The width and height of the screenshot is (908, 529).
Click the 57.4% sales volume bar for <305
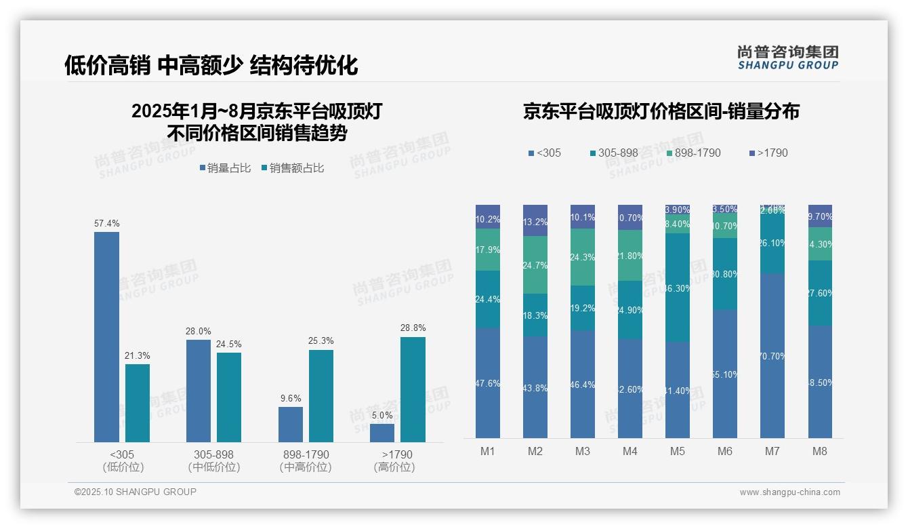tap(106, 337)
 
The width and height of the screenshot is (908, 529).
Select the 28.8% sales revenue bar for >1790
tap(413, 389)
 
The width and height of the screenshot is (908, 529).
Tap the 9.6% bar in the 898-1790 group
tap(291, 425)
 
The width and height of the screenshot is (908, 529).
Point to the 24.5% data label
tap(229, 345)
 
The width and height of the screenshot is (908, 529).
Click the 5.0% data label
tap(382, 415)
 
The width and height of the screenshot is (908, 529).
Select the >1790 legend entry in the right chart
tap(768, 153)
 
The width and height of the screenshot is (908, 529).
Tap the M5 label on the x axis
tap(678, 451)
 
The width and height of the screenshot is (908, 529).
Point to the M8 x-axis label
tap(820, 451)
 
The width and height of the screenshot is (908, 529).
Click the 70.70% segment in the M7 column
tap(772, 355)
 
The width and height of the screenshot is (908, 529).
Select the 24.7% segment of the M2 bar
tap(535, 264)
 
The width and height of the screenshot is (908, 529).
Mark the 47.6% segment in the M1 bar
tap(488, 383)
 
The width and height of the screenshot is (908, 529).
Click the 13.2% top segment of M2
tap(535, 220)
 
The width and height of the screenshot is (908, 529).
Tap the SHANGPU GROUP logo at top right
tap(788, 58)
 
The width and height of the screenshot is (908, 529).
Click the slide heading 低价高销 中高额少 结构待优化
tap(211, 65)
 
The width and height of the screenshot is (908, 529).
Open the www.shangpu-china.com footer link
tap(789, 492)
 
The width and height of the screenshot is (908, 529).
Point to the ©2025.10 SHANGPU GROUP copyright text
tap(136, 492)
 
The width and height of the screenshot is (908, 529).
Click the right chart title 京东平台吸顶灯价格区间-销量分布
tap(661, 111)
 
